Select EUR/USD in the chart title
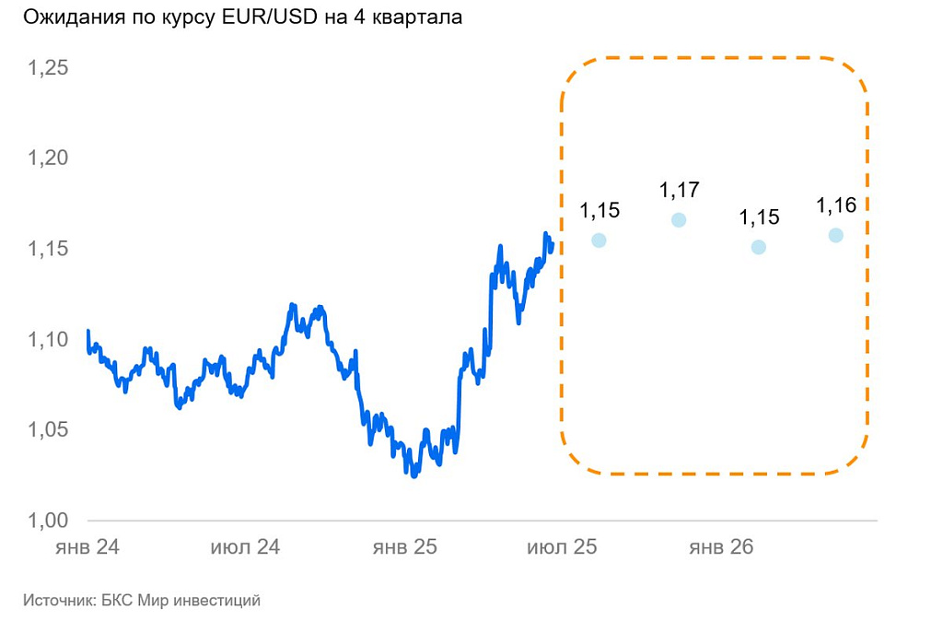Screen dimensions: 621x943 262,18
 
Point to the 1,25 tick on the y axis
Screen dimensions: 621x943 49,69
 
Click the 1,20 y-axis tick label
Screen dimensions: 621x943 49,159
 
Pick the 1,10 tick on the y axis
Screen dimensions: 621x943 49,340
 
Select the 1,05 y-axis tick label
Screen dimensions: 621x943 49,430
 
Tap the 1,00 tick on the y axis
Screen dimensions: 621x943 49,521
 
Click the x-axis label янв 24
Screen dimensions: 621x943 87,547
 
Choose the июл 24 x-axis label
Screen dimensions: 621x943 245,547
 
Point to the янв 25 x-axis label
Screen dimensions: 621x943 404,547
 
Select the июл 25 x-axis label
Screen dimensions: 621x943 562,547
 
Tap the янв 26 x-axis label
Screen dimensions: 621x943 721,547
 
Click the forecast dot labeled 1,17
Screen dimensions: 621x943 679,220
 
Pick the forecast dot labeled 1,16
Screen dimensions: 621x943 835,235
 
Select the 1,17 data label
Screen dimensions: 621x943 680,191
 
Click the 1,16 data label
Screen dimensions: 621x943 836,205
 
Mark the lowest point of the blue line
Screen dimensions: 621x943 414,475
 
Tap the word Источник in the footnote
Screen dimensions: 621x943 57,601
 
